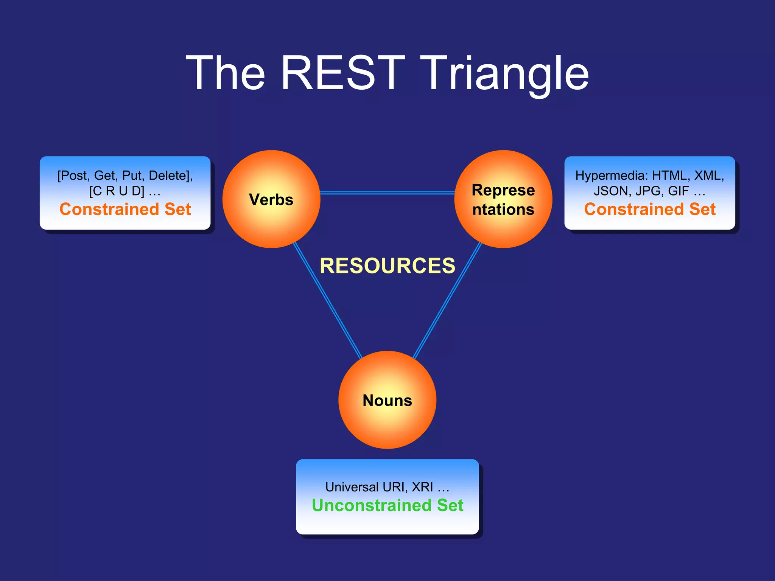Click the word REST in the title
pyautogui.click(x=342, y=73)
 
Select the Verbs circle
pyautogui.click(x=271, y=199)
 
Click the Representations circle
pyautogui.click(x=503, y=199)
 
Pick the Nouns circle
pyautogui.click(x=387, y=400)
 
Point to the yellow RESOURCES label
pyautogui.click(x=387, y=266)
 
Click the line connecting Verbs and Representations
pyautogui.click(x=387, y=193)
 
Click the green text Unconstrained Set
pyautogui.click(x=387, y=505)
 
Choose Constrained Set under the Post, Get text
pyautogui.click(x=125, y=209)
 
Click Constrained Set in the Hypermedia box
pyautogui.click(x=650, y=209)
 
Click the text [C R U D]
pyautogui.click(x=117, y=191)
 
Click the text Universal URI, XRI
pyautogui.click(x=379, y=487)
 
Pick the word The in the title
pyautogui.click(x=226, y=73)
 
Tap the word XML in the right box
pyautogui.click(x=708, y=176)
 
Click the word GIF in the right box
pyautogui.click(x=678, y=191)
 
